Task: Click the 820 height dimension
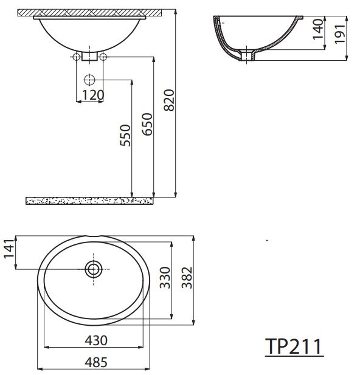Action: [x=170, y=100]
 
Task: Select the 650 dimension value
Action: [x=147, y=124]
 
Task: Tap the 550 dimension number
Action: [x=125, y=136]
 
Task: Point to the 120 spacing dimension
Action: [x=93, y=95]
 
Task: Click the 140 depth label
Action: [x=318, y=29]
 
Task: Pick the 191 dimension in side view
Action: [x=340, y=34]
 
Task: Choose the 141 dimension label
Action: [x=9, y=249]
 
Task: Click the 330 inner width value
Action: [x=165, y=278]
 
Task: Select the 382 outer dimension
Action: [x=187, y=278]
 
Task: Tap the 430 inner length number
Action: [x=96, y=340]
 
